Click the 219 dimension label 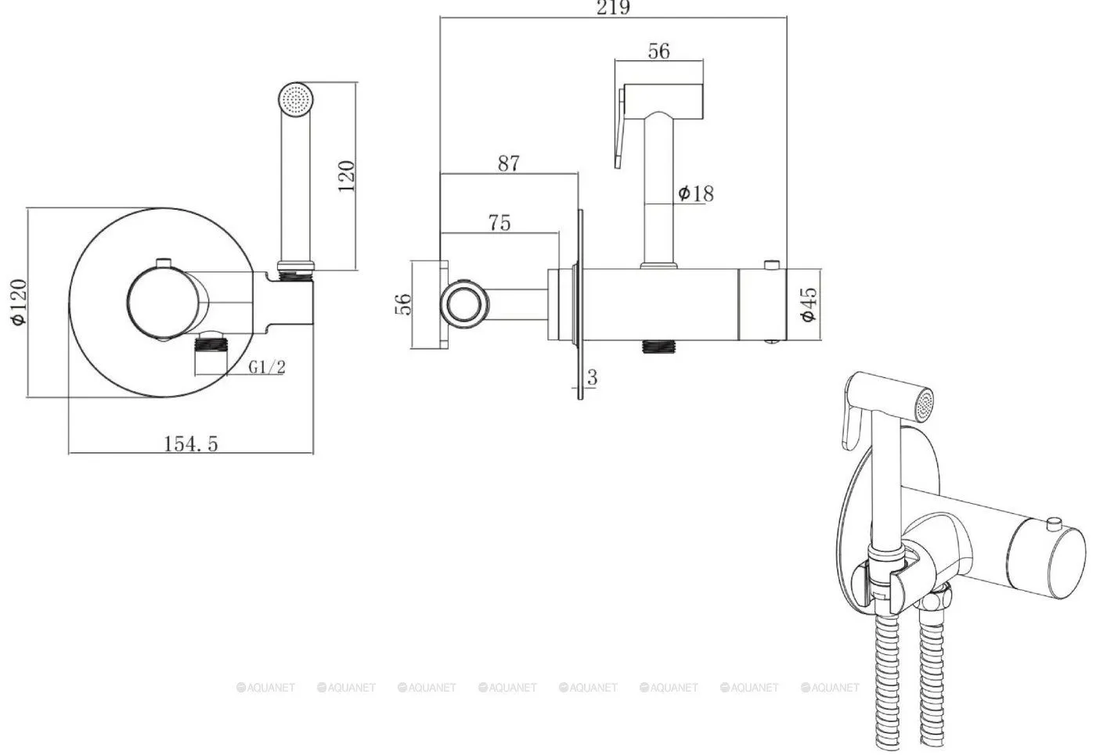612,8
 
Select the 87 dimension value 508,164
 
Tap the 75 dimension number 499,223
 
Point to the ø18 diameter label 696,194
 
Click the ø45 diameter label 808,304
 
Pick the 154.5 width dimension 190,444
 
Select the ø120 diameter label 19,302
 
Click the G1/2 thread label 267,367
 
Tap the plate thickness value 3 592,377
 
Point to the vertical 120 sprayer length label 346,176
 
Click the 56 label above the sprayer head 658,52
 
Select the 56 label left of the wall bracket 403,304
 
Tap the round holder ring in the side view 463,304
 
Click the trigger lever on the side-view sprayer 620,127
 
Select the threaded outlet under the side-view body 658,346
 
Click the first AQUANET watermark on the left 265,688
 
